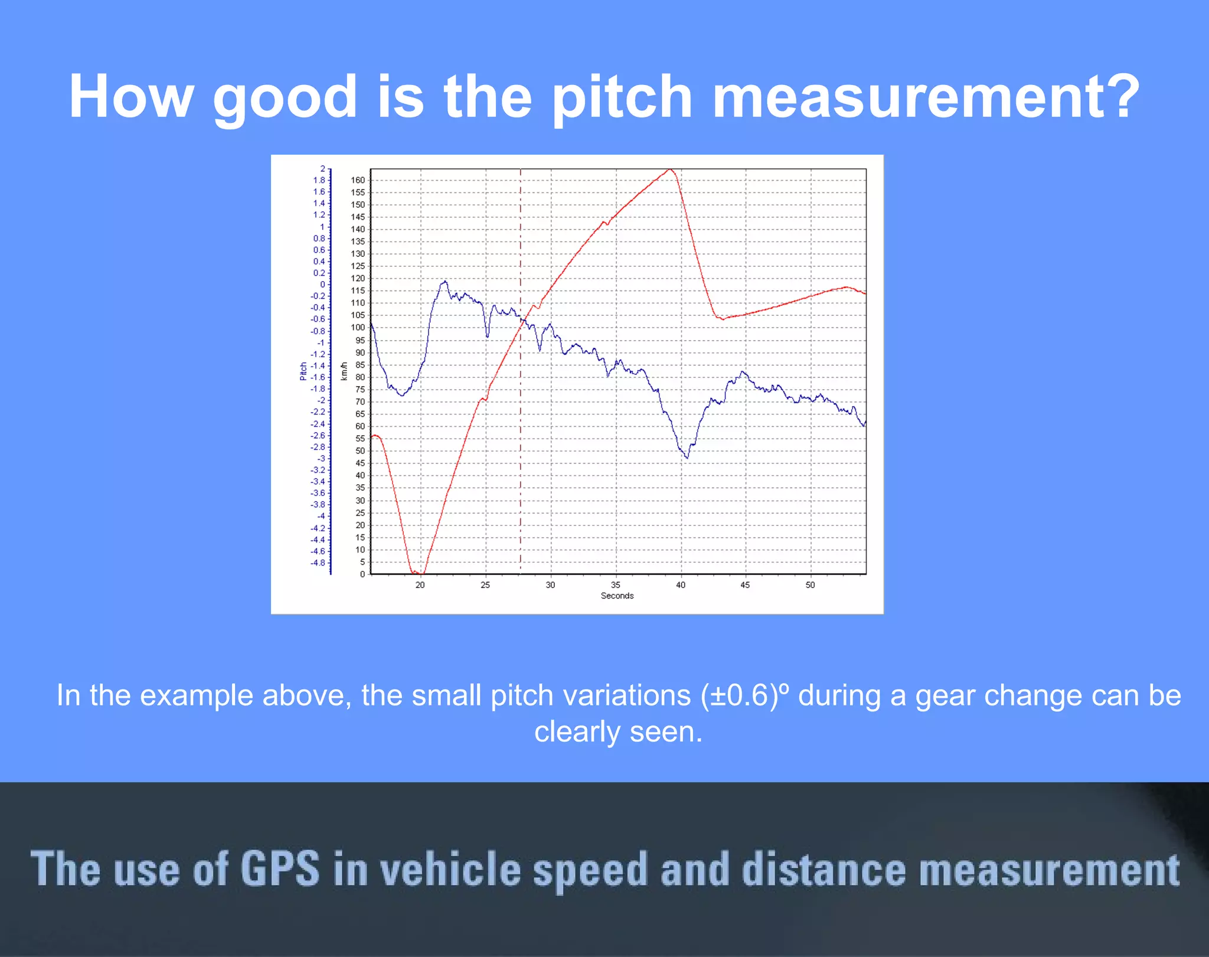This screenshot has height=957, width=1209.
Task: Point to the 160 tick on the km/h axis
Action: tap(358, 180)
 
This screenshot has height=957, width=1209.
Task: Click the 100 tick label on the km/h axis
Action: tap(358, 328)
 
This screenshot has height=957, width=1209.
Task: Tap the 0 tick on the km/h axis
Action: tap(362, 574)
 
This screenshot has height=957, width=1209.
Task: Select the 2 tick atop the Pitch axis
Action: tap(323, 169)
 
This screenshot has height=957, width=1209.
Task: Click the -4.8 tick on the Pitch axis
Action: tap(318, 563)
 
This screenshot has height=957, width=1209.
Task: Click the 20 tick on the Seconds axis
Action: tap(420, 585)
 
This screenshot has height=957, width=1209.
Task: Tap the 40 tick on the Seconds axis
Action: tap(681, 585)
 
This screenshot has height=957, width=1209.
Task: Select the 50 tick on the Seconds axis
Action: tap(810, 585)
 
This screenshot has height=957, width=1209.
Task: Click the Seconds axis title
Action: tap(617, 596)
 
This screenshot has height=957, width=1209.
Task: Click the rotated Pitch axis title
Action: tap(303, 371)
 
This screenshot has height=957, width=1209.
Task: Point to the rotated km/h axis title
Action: tap(344, 371)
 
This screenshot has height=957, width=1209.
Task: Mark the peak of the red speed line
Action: tap(670, 170)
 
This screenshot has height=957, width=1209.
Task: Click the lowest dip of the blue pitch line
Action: tap(687, 458)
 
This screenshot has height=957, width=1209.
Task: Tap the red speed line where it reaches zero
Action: tap(416, 573)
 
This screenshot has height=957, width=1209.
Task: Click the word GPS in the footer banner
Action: tap(280, 869)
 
